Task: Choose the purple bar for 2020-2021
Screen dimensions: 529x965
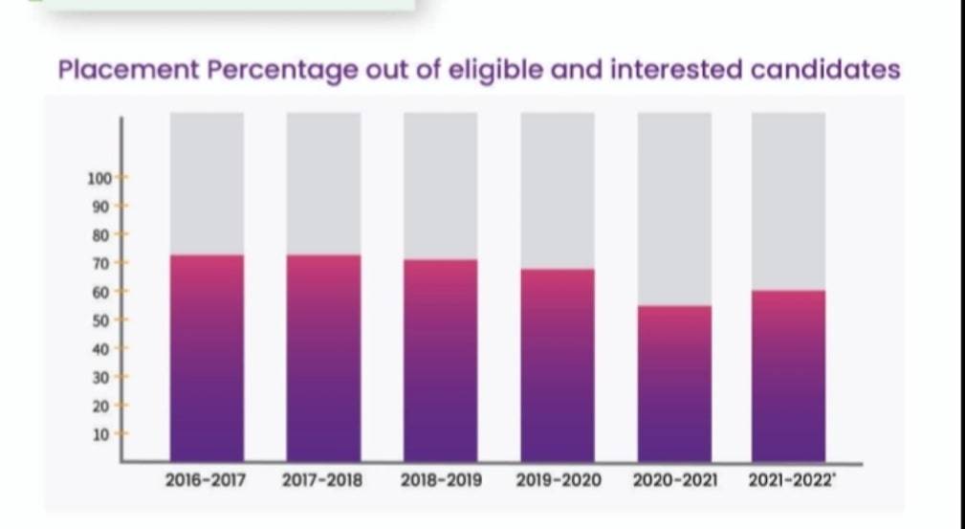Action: click(x=674, y=383)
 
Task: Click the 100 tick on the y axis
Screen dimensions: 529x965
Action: click(x=100, y=177)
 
